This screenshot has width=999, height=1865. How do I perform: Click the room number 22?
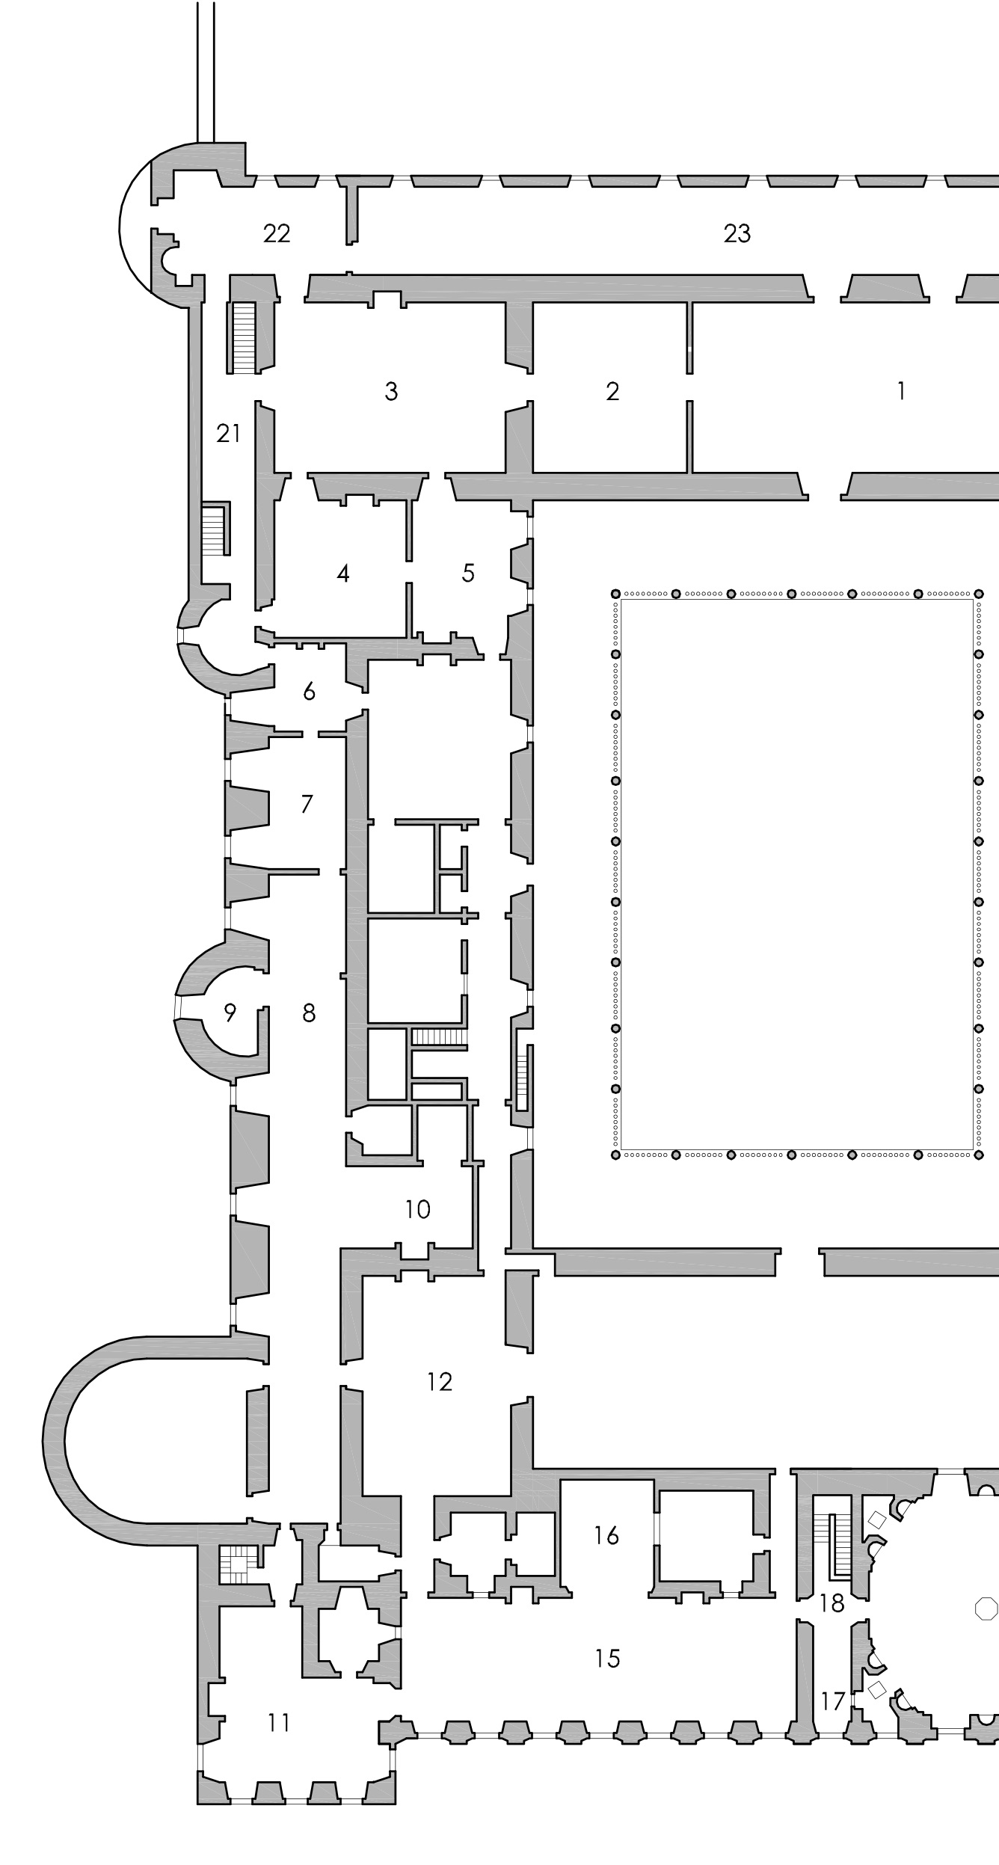277,234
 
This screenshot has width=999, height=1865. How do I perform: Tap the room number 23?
737,234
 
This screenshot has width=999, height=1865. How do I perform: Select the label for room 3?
391,391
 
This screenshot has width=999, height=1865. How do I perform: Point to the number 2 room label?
612,391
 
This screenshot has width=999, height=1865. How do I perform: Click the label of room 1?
901,390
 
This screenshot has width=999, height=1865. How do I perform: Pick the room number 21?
228,433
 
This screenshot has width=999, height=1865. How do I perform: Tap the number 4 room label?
342,574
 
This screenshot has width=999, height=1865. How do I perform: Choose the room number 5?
468,574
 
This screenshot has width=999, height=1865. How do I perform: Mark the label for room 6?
309,692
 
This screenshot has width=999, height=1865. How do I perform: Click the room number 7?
307,804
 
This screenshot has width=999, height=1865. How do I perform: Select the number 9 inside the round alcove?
230,1013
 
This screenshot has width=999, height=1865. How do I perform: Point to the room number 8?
309,1013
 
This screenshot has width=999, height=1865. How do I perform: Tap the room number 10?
418,1209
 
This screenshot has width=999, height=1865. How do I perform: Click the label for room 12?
440,1382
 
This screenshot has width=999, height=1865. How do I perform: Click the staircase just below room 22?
244,337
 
